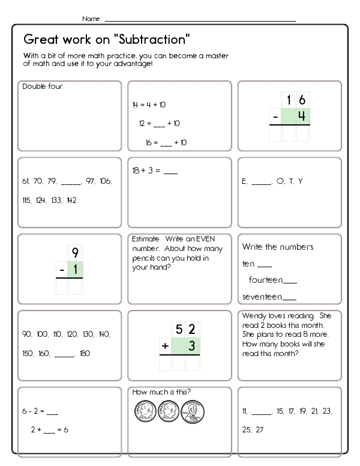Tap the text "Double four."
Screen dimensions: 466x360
[43, 86]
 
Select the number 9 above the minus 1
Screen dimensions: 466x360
[75, 253]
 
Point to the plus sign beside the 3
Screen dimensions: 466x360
[164, 346]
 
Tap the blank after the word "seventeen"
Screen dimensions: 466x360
[289, 297]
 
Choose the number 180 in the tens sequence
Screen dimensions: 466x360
[84, 353]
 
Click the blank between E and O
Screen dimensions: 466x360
[262, 181]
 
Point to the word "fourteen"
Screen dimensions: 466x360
[265, 280]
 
